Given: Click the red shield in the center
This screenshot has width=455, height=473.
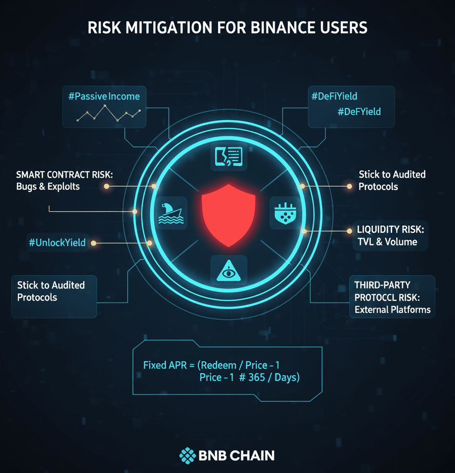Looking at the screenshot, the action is coord(228,213).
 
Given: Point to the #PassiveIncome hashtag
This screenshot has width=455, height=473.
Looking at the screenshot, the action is coord(104,96).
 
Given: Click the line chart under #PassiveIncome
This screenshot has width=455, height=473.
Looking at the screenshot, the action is coord(108,114).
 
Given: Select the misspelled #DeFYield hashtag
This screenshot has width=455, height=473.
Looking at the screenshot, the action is coord(359,112).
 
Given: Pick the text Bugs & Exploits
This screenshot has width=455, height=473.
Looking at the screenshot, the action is coord(47,186).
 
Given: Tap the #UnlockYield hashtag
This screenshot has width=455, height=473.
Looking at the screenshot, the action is coord(57,243).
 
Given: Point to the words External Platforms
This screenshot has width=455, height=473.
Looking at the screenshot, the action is coord(393,309).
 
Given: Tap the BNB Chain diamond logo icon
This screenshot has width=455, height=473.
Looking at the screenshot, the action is coord(188,455).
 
